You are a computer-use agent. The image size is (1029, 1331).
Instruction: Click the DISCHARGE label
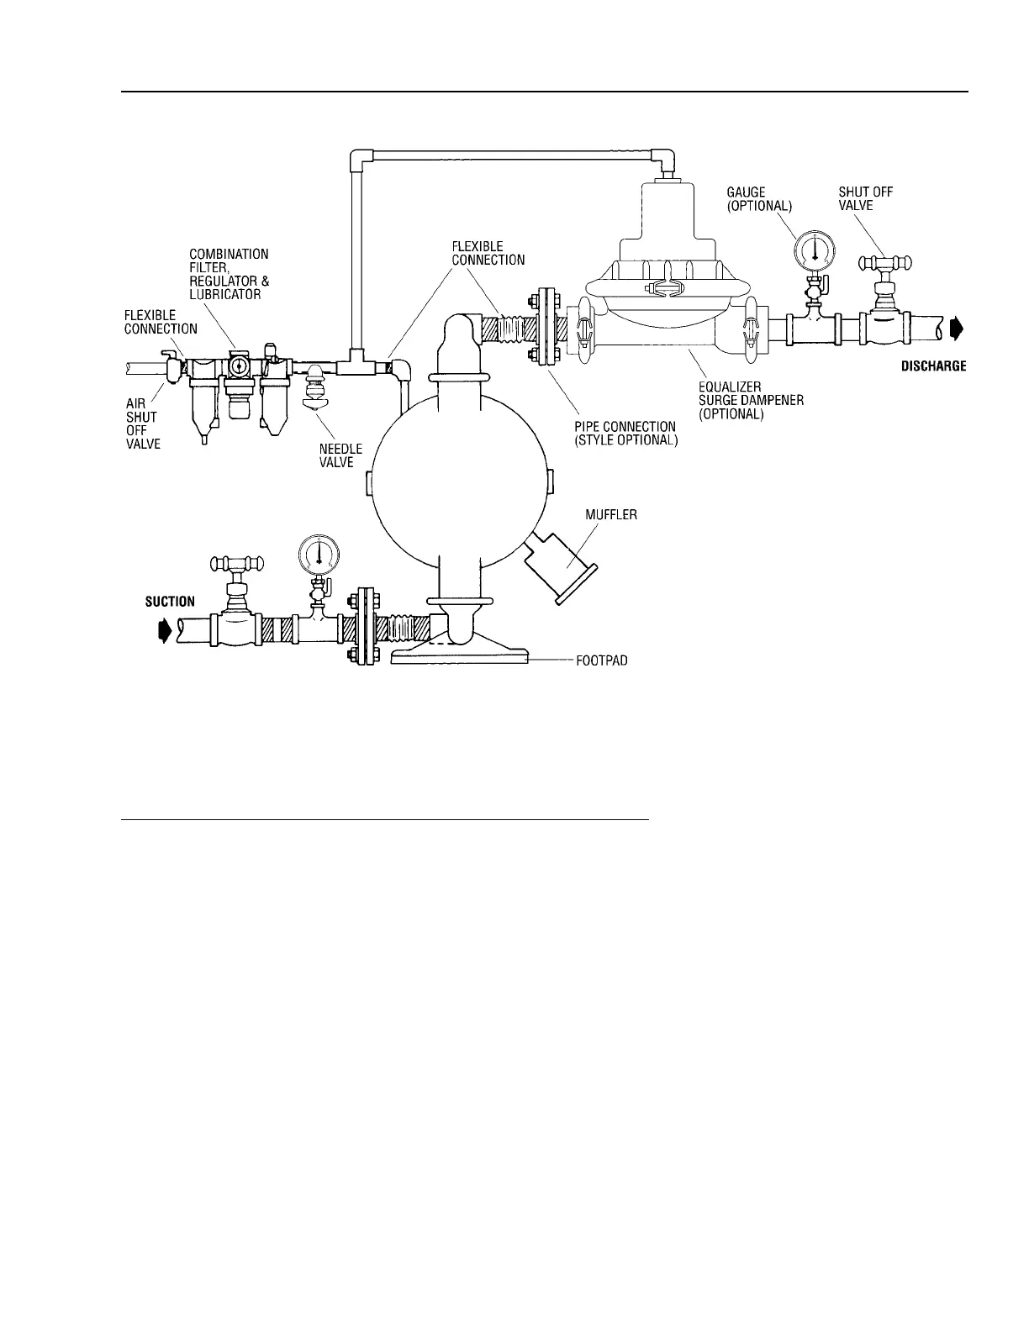click(933, 366)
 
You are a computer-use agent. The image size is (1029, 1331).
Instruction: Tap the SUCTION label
click(170, 602)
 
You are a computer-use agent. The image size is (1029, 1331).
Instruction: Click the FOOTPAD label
click(602, 660)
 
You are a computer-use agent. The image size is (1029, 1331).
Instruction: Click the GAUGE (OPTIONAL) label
click(758, 199)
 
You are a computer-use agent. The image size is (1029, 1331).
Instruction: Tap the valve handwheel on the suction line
click(238, 561)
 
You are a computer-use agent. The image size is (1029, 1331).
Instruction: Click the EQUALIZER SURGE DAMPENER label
click(751, 401)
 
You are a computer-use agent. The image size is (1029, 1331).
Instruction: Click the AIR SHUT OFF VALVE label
click(137, 424)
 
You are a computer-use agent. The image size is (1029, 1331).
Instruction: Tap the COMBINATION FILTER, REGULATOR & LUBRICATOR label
click(229, 274)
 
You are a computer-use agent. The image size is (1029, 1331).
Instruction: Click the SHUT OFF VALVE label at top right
click(866, 199)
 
